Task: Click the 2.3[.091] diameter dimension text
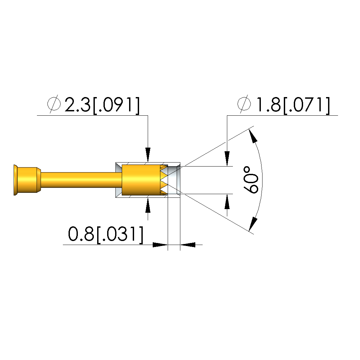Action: coord(102,105)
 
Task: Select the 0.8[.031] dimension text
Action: coord(105,234)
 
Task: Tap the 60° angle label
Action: coord(251,180)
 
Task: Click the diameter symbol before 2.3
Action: coord(54,104)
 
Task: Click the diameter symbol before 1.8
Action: coord(244,104)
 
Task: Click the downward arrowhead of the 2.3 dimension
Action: coord(148,155)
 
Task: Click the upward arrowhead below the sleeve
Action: coord(148,205)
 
